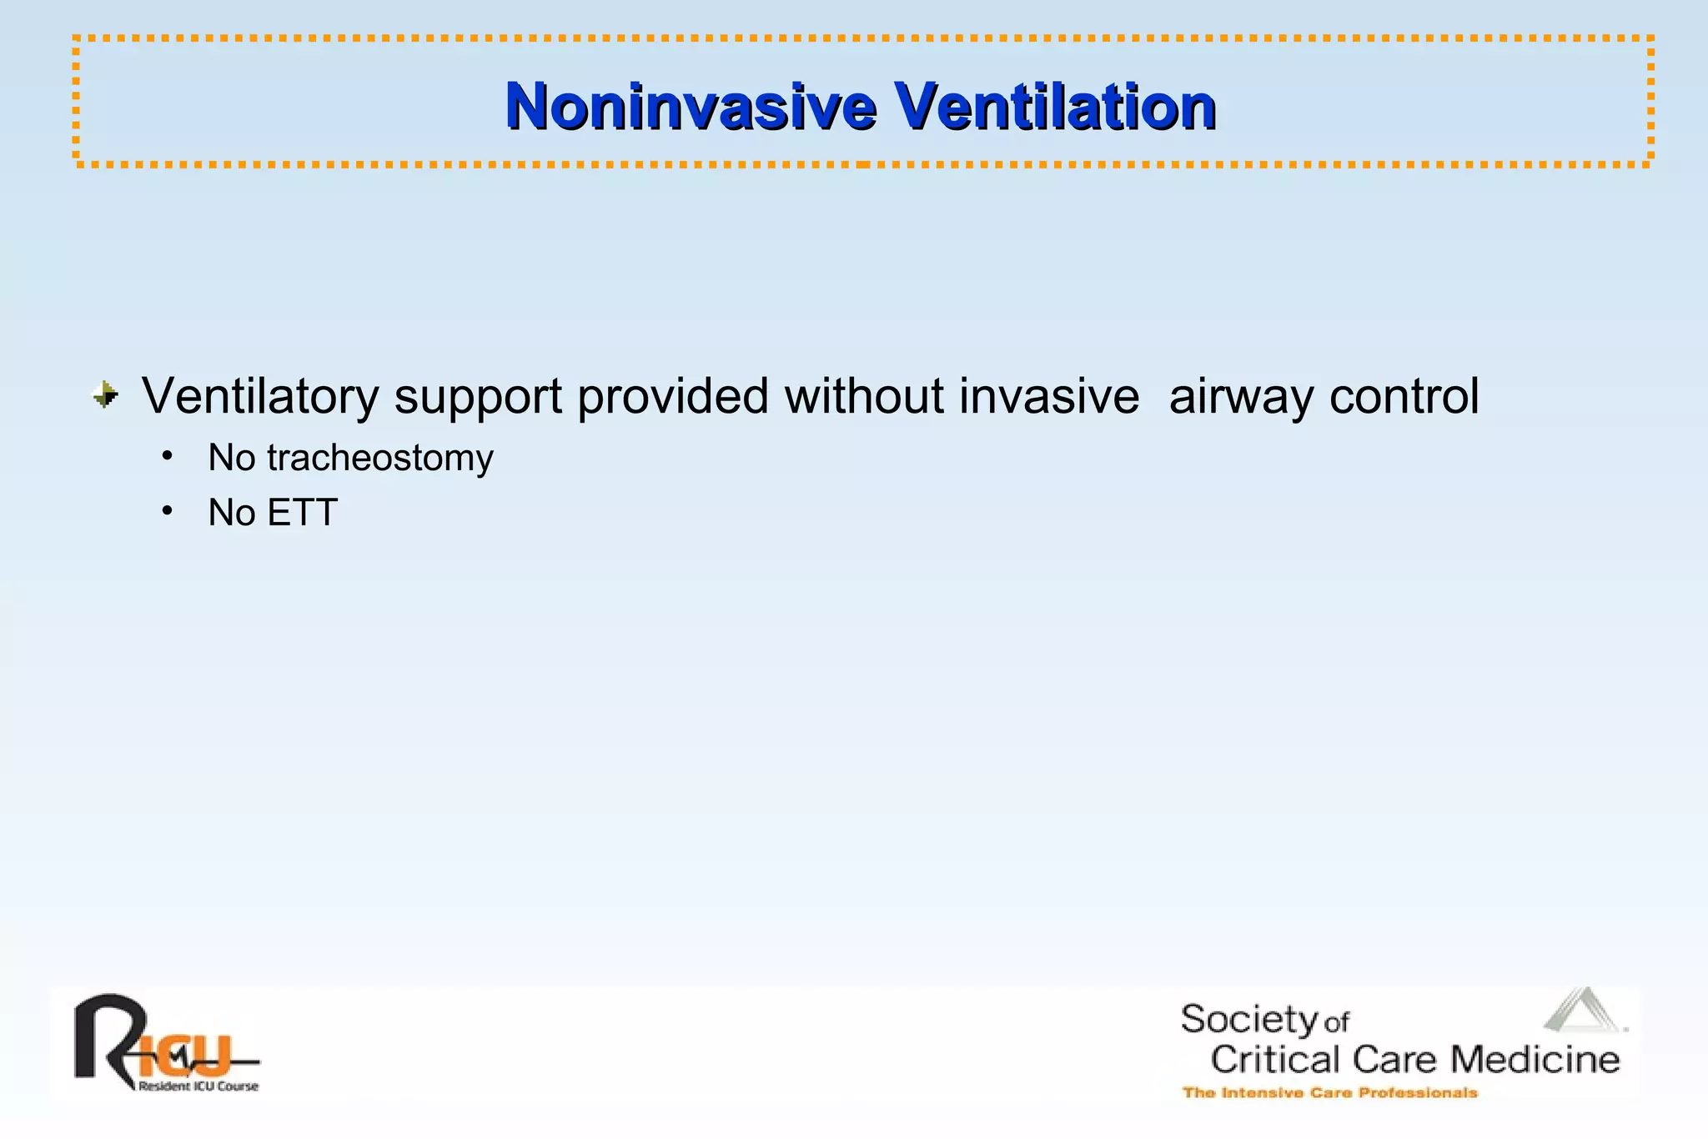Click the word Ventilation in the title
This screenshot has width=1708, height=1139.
(x=1054, y=107)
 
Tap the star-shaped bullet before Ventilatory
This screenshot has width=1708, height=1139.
(x=106, y=394)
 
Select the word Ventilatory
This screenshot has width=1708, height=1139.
(x=260, y=397)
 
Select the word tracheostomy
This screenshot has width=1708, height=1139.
(x=380, y=459)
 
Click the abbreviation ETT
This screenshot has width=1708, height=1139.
(x=303, y=513)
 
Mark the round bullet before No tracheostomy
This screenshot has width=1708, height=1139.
(x=168, y=456)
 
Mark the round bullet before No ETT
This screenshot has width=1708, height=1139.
(x=168, y=510)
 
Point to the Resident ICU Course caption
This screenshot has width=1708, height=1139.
(x=198, y=1086)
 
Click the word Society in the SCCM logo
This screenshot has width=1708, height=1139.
(x=1248, y=1020)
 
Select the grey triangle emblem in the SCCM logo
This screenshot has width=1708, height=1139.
(x=1582, y=1010)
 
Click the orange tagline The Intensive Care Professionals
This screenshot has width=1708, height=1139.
(x=1329, y=1092)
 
